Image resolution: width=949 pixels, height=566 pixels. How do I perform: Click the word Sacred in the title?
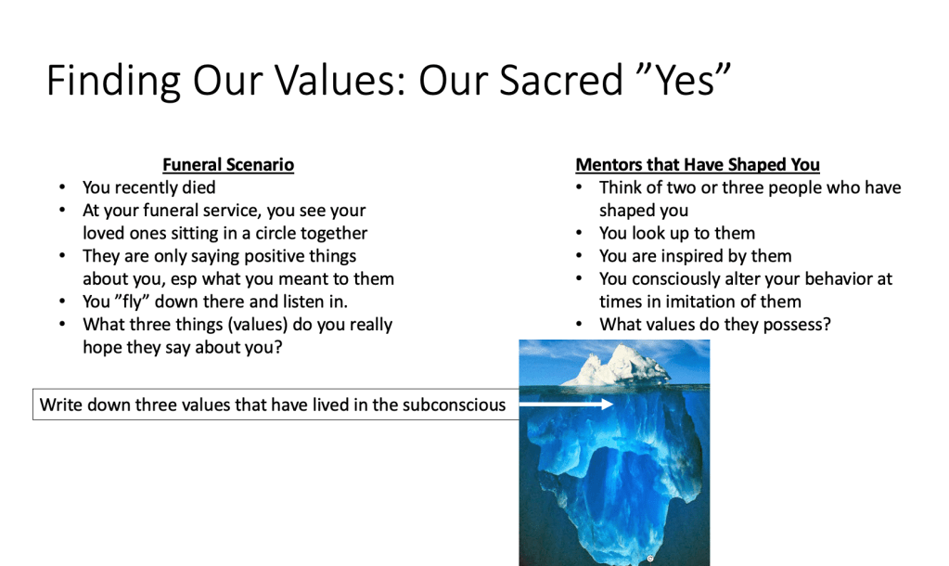[x=560, y=80]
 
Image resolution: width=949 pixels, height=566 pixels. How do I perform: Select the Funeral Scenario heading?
[x=228, y=164]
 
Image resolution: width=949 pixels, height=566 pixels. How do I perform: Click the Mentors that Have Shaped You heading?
[x=698, y=164]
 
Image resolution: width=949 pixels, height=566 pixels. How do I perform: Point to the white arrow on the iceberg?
[x=566, y=404]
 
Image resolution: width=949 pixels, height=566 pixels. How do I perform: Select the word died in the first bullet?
[x=199, y=187]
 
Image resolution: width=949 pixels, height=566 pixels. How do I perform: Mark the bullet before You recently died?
[x=62, y=187]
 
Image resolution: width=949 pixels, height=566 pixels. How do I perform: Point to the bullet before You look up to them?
[x=579, y=233]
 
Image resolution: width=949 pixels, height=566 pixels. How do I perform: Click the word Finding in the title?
[x=113, y=81]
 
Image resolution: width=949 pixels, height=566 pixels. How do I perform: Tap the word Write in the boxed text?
[x=60, y=405]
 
